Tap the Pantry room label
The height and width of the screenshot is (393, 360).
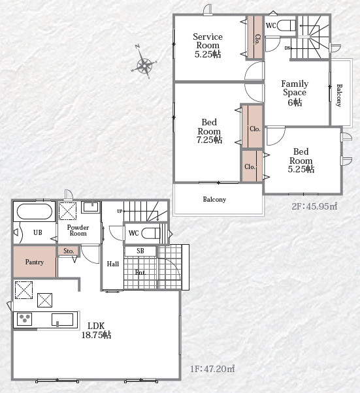35,262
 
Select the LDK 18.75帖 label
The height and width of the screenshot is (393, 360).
96,330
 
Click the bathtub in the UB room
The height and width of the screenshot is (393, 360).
35,212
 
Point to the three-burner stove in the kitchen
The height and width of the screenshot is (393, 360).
24,319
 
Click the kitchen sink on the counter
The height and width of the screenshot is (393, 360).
63,320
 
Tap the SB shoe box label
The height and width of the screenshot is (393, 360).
140,251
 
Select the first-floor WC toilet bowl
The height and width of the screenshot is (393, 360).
151,233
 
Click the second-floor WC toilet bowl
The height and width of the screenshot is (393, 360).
286,25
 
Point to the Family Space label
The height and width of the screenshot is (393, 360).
295,93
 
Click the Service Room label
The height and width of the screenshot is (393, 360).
208,46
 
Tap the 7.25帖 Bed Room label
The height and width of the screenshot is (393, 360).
209,131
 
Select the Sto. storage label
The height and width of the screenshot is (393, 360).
69,251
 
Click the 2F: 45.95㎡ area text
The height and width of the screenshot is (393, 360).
315,206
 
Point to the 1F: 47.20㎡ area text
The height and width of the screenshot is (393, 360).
212,369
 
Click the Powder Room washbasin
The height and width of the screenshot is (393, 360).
91,207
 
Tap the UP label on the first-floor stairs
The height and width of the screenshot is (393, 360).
120,212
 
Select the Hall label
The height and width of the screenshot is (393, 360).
113,264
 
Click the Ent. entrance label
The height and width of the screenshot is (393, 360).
140,272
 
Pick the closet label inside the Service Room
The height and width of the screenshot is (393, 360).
257,40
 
